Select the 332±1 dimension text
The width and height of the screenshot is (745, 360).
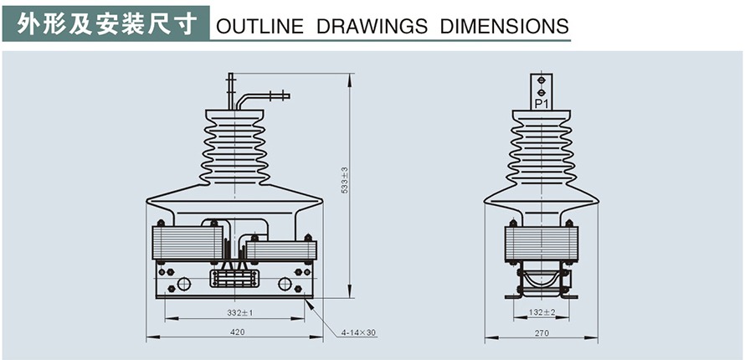[x=240, y=312]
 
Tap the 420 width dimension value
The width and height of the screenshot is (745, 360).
[x=237, y=332]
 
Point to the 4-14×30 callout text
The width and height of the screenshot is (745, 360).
[x=359, y=332]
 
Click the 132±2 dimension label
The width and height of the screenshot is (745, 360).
[x=542, y=312]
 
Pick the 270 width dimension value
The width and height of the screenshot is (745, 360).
[x=542, y=332]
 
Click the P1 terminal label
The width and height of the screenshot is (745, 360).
[x=541, y=105]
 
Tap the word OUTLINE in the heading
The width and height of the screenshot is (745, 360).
[x=259, y=26]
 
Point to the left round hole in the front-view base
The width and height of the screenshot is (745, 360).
[x=184, y=284]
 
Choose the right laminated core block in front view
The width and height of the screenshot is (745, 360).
[x=281, y=249]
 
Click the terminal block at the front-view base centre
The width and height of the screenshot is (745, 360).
[x=234, y=279]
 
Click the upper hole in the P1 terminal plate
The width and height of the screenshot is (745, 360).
[x=541, y=80]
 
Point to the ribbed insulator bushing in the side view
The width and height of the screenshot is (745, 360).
[x=542, y=151]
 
